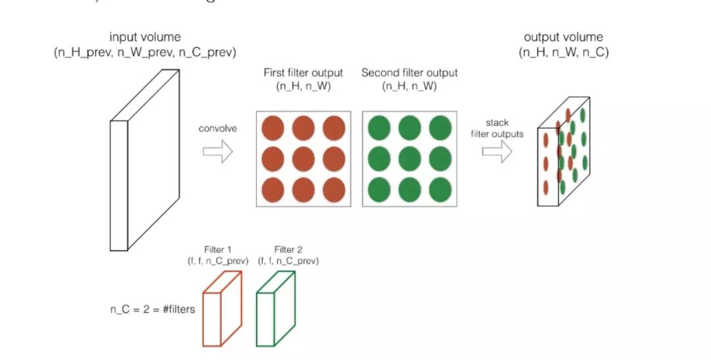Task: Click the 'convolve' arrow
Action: pyautogui.click(x=217, y=153)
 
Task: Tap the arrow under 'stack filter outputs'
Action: pyautogui.click(x=497, y=151)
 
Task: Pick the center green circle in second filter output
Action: pyautogui.click(x=409, y=158)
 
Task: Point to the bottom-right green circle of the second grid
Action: pyautogui.click(x=440, y=190)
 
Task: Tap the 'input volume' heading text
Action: pyautogui.click(x=145, y=38)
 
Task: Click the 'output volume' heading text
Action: pyautogui.click(x=563, y=38)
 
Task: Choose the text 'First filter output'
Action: pyautogui.click(x=303, y=72)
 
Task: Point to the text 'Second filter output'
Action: pyautogui.click(x=409, y=72)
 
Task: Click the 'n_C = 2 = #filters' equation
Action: pyautogui.click(x=152, y=309)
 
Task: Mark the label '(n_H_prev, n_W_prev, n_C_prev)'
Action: pyautogui.click(x=145, y=52)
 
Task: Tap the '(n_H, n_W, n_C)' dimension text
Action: pyautogui.click(x=564, y=52)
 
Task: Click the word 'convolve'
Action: pyautogui.click(x=217, y=128)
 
